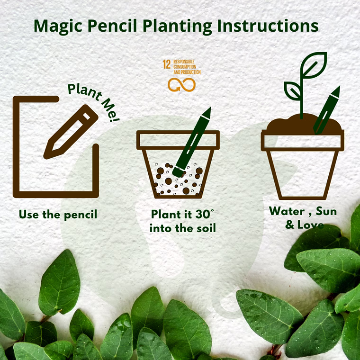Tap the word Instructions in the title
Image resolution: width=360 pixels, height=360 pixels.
268,26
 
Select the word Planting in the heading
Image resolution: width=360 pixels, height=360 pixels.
177,27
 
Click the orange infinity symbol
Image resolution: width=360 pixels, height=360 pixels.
181,84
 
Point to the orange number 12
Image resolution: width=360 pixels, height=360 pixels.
166,64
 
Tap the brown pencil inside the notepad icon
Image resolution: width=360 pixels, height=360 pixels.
71,132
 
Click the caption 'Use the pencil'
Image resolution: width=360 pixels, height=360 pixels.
58,215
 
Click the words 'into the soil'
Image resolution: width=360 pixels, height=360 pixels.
183,228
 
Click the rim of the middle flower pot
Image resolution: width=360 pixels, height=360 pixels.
178,140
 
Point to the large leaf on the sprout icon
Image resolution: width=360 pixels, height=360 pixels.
314,65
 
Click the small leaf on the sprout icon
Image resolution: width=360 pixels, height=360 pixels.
292,90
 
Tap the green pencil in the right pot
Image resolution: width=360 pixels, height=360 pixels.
327,110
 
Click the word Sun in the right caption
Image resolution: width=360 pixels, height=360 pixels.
326,211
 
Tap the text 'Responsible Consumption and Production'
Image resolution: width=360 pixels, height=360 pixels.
187,67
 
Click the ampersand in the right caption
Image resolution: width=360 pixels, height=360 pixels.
290,225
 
